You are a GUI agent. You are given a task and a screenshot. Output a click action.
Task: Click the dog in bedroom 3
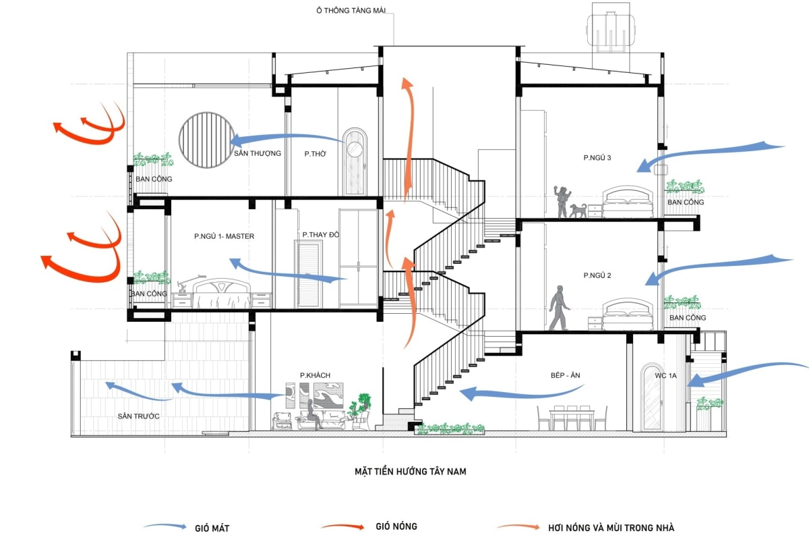click(578, 211)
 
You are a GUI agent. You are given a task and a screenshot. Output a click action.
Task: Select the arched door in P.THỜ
click(354, 163)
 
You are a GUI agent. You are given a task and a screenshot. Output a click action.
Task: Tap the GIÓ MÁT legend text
click(210, 528)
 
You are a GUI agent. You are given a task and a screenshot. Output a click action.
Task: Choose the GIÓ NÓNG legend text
click(396, 526)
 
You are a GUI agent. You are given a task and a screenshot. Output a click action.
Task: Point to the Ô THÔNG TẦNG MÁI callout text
click(354, 9)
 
